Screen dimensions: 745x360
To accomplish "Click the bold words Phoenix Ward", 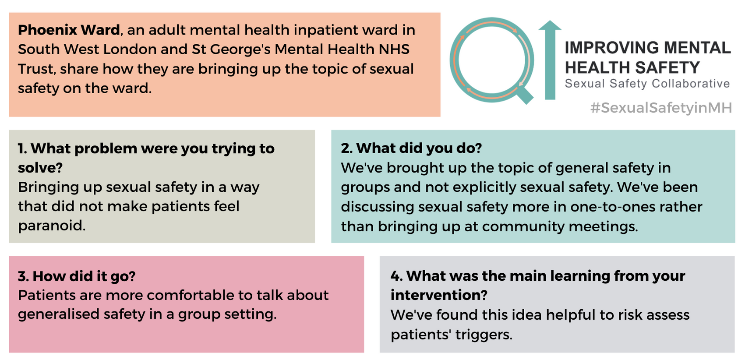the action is point(69,30).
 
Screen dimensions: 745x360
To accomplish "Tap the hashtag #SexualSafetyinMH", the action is point(661,108).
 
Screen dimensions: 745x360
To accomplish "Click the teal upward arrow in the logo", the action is point(550,60).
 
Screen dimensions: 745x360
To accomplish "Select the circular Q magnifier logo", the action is point(492,60).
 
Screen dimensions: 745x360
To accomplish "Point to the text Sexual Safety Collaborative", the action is point(647,84).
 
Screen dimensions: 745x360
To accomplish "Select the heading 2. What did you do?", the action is point(411,148).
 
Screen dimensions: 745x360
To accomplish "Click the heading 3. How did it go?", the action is point(77,276).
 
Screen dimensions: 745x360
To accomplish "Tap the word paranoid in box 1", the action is point(52,226).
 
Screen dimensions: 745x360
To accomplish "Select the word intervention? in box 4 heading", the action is point(439,295).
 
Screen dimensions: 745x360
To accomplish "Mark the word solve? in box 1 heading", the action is point(40,168).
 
